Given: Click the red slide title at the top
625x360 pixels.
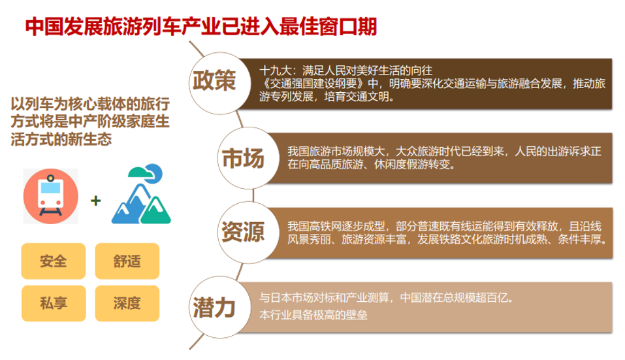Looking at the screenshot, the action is (201, 27).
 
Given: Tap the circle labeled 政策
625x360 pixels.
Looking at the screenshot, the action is (219, 83).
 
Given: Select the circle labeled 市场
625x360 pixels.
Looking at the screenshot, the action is (248, 158).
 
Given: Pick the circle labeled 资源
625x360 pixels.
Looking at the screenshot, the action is (248, 233).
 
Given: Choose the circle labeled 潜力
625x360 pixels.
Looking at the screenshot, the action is (219, 307).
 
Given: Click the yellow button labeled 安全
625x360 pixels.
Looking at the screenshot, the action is (54, 261).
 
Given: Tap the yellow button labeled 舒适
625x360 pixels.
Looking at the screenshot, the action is (127, 261).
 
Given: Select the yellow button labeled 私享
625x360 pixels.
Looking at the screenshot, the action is (54, 303).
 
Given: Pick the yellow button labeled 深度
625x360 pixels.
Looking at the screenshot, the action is (127, 303).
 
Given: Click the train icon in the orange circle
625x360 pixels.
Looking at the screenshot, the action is (51, 196).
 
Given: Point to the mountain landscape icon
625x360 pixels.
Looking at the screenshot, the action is (141, 194).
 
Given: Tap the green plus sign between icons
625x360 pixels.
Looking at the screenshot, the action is (95, 200).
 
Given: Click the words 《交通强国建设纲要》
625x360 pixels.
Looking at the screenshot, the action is (313, 84).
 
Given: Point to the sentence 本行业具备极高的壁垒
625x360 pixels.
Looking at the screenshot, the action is (313, 315).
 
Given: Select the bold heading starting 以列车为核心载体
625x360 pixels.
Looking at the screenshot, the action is (90, 122).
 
